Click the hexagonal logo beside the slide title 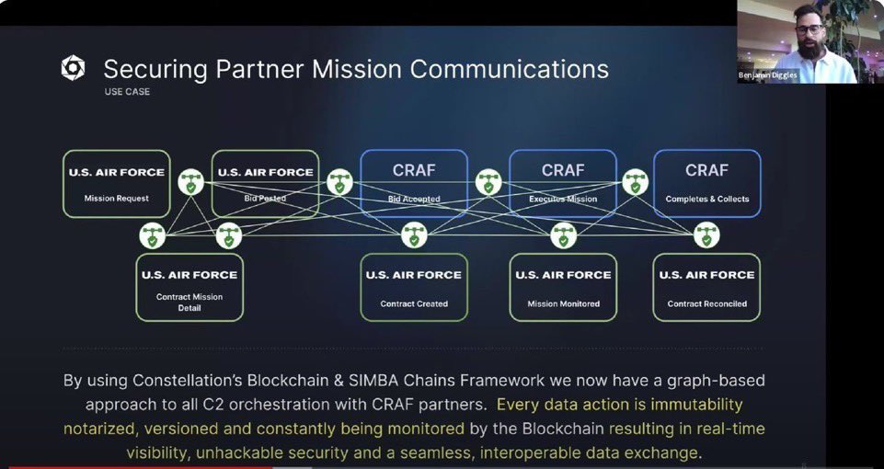click(73, 68)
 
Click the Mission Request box click(116, 184)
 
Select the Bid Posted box click(265, 184)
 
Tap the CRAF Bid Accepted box click(414, 184)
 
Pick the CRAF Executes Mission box click(563, 184)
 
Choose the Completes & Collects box click(706, 184)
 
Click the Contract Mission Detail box click(189, 288)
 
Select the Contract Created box click(414, 288)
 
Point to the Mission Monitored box click(563, 288)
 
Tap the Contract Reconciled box click(706, 288)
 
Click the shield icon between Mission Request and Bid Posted click(190, 182)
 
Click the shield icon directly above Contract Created click(414, 236)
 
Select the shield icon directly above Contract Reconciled click(706, 236)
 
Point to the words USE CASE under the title click(127, 92)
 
